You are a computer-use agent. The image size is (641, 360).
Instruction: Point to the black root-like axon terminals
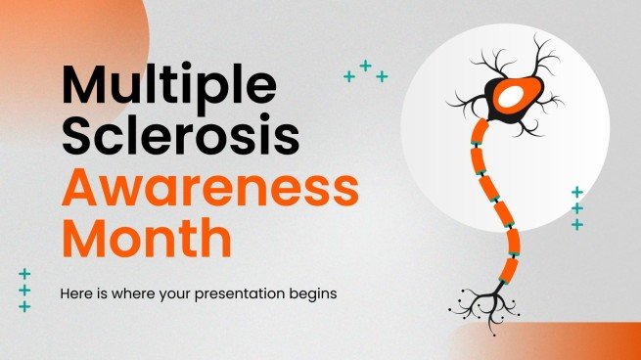pos(485,297)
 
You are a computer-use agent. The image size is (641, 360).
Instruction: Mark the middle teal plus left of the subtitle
pos(24,291)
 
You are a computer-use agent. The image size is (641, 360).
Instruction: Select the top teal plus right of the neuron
pos(577,193)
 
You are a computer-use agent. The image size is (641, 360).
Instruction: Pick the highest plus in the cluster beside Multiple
pos(365,66)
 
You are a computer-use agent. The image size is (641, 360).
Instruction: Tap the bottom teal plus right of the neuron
pos(577,225)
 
